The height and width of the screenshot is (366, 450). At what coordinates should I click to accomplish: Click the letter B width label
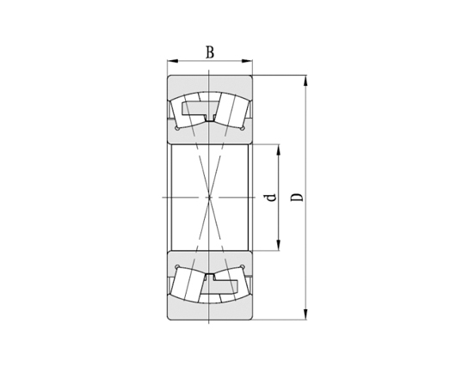pos(210,52)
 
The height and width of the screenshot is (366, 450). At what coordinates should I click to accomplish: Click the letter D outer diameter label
pos(297,198)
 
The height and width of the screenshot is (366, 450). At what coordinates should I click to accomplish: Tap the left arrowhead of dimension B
pos(171,61)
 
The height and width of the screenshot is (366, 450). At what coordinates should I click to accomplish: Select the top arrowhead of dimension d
pos(279,147)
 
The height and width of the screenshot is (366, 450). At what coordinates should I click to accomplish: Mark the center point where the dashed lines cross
pos(210,198)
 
